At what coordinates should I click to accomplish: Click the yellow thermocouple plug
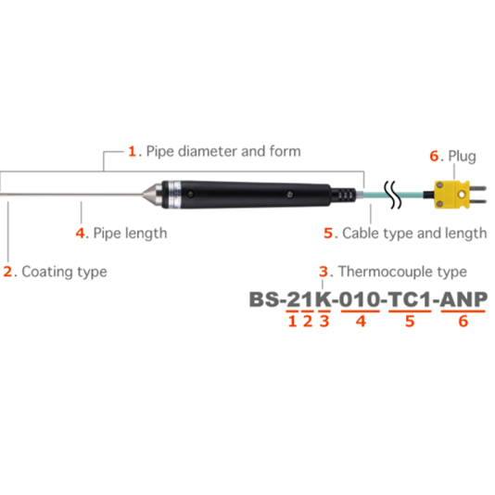(x=452, y=195)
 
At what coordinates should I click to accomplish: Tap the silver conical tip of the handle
(x=153, y=194)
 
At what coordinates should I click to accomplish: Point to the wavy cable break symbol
(x=392, y=195)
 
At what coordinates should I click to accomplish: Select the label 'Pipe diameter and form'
(x=223, y=151)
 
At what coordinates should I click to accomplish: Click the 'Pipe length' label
(x=130, y=234)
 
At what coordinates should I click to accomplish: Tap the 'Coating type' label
(x=64, y=272)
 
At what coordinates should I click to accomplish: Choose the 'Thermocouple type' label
(x=402, y=272)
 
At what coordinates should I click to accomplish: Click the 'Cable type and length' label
(x=414, y=234)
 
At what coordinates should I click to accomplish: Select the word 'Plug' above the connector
(x=463, y=157)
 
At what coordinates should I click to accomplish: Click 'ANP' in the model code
(x=463, y=299)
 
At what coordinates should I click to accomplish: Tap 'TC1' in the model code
(x=410, y=299)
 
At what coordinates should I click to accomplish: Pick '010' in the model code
(x=360, y=299)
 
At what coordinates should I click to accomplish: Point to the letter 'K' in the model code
(x=324, y=299)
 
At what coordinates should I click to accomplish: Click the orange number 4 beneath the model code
(x=361, y=321)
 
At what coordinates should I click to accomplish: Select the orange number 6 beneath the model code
(x=463, y=321)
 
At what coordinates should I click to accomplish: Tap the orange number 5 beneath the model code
(x=410, y=321)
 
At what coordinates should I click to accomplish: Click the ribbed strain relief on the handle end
(x=344, y=195)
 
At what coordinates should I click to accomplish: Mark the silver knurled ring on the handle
(x=173, y=194)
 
